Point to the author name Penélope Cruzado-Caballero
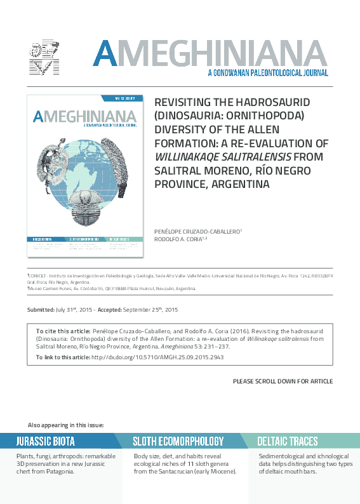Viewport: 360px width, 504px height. pyautogui.click(x=197, y=231)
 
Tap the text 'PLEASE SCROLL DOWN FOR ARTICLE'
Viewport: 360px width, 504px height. pyautogui.click(x=283, y=381)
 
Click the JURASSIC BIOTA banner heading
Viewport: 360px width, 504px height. pyautogui.click(x=46, y=441)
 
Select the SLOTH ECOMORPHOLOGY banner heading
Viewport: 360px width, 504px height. pyautogui.click(x=178, y=441)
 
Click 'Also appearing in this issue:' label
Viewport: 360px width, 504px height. pyautogui.click(x=66, y=425)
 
